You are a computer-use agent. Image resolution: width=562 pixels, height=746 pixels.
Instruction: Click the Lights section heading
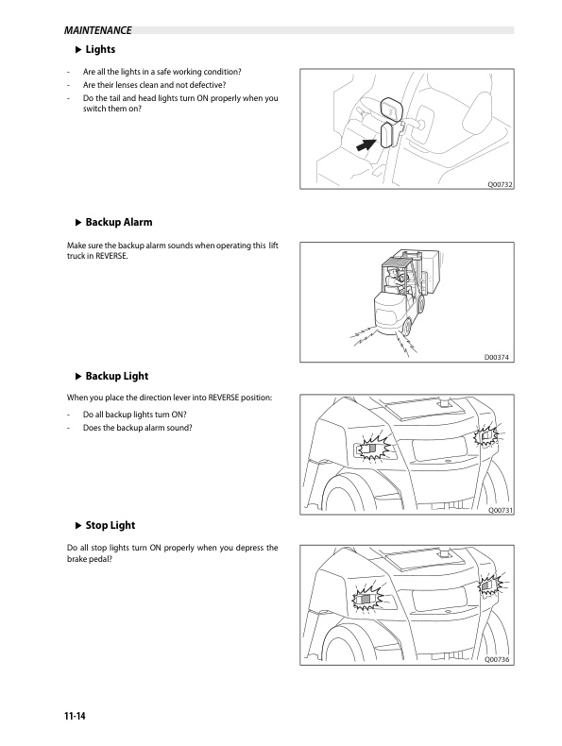(x=100, y=49)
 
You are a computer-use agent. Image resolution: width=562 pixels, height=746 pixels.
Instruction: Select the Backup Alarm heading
(x=118, y=222)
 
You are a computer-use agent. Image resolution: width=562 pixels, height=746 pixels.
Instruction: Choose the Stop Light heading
(x=111, y=524)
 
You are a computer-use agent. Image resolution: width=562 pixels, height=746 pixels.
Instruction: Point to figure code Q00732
(x=498, y=185)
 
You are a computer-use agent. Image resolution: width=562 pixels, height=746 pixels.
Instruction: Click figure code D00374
(x=498, y=356)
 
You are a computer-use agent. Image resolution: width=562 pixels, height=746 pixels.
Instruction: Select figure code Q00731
(x=498, y=510)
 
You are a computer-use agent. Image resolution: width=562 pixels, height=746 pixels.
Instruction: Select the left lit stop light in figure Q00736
(x=366, y=597)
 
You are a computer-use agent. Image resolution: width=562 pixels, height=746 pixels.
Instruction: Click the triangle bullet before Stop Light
(x=77, y=524)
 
